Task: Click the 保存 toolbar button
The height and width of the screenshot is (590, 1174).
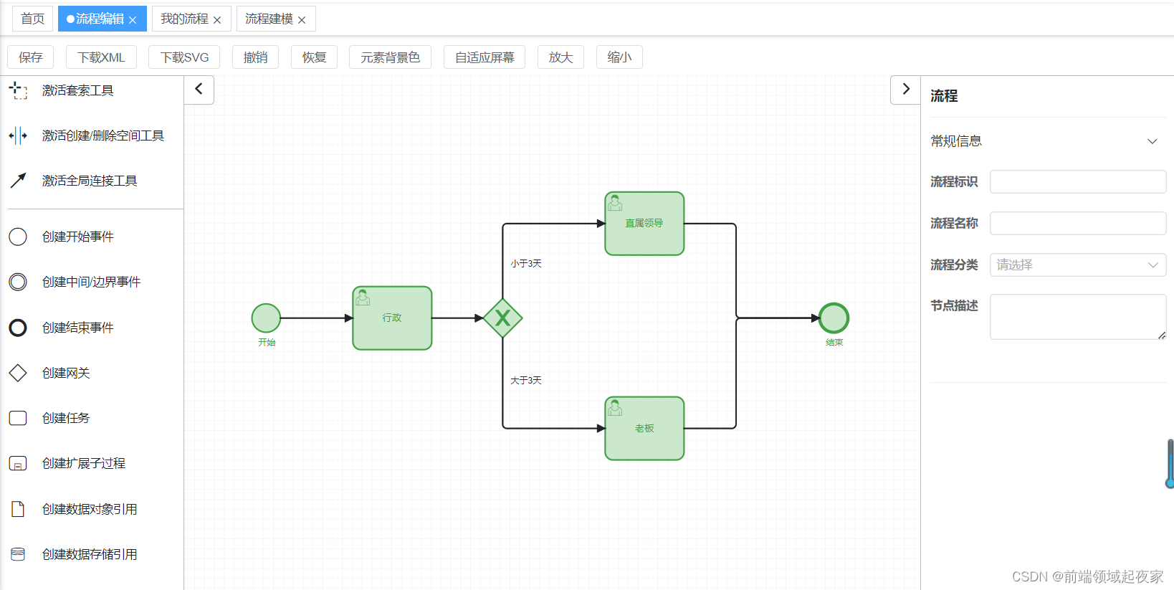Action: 30,57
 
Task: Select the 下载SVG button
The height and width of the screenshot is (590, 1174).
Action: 184,57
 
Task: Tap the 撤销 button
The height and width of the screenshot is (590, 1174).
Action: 255,57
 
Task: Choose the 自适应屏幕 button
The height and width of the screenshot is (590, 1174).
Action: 484,57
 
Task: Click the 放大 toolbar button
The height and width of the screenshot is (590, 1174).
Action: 560,57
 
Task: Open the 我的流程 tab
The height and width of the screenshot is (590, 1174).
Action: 184,19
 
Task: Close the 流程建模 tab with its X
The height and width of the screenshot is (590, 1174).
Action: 302,20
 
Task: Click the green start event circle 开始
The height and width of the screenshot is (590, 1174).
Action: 266,318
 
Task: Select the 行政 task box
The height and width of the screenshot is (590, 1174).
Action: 392,318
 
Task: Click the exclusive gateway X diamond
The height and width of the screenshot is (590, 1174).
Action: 502,318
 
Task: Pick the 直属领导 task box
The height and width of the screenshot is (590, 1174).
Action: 644,224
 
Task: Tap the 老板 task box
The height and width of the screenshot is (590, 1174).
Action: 644,429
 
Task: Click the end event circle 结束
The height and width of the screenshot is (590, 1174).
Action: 834,318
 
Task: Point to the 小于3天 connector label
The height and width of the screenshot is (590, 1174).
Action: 525,264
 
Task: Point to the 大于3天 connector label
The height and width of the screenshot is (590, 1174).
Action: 525,381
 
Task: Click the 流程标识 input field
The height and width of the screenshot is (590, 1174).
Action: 1077,182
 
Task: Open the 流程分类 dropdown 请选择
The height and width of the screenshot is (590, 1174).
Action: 1077,265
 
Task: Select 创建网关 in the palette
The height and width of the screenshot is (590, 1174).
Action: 65,373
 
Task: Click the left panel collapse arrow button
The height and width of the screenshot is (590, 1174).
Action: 199,90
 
